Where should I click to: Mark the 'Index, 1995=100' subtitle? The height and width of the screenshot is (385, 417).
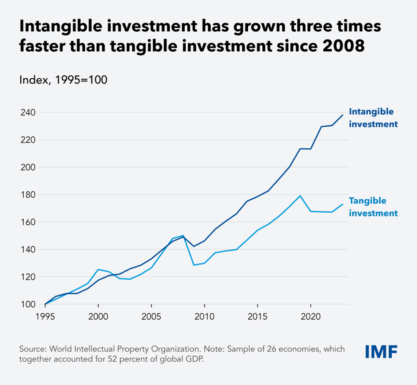coord(63,80)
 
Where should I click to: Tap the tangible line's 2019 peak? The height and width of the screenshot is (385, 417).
coord(300,196)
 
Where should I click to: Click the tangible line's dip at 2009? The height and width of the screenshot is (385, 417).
coord(194,265)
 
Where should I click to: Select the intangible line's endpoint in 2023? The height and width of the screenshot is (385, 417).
coord(343,115)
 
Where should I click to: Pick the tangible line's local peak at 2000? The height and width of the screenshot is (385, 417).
coord(98,269)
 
